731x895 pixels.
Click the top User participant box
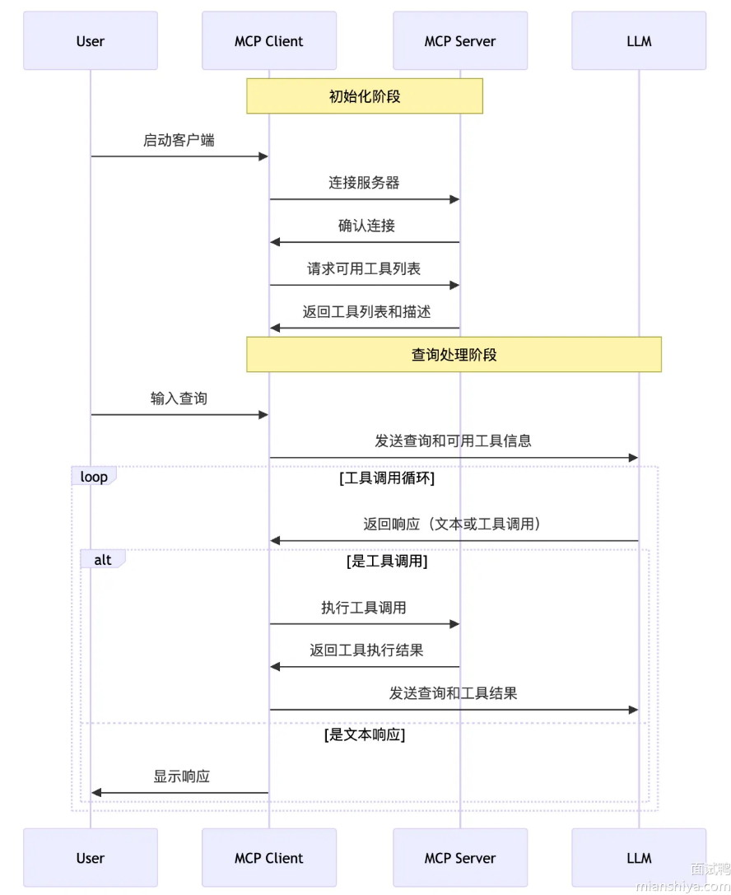click(91, 40)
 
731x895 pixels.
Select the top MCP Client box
click(269, 40)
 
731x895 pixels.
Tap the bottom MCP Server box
click(460, 857)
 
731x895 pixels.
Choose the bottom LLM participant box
click(639, 857)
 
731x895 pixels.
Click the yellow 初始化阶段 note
click(365, 96)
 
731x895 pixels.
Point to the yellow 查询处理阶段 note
click(454, 355)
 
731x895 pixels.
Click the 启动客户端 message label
click(179, 141)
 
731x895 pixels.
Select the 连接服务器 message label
click(364, 183)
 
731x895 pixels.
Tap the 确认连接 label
click(366, 226)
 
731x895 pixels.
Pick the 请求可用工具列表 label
click(364, 268)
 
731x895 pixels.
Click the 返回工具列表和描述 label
click(366, 312)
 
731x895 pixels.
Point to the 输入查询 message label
click(179, 399)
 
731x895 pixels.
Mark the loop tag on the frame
click(94, 476)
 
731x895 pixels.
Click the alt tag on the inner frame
click(103, 559)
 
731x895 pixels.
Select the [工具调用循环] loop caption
click(387, 478)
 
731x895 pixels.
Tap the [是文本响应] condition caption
click(365, 734)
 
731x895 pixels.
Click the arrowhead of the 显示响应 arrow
click(96, 792)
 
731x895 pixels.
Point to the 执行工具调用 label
click(364, 608)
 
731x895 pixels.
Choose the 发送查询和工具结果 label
click(453, 693)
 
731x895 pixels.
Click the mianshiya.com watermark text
click(682, 886)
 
